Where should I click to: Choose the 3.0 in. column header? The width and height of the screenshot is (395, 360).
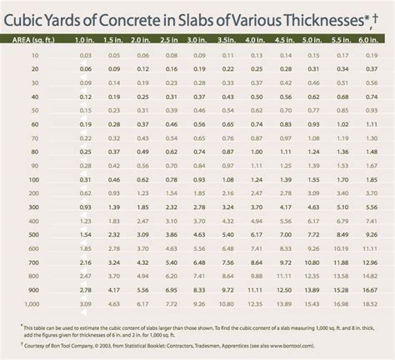point(197,39)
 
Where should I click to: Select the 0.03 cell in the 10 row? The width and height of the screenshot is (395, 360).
point(86,54)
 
